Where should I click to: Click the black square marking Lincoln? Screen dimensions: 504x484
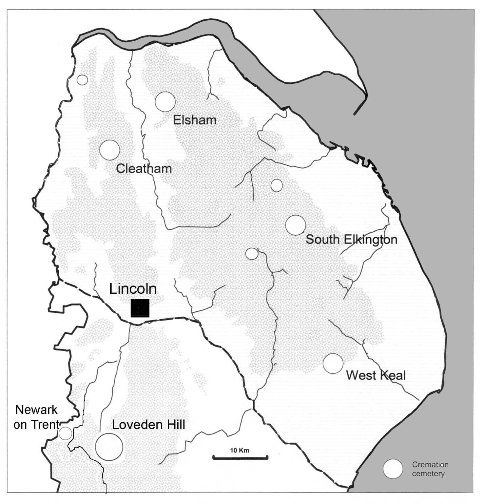point(140,308)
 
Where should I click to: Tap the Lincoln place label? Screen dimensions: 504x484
point(133,289)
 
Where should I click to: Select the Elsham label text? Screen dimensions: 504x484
point(195,120)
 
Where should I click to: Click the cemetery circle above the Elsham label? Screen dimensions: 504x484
point(165,102)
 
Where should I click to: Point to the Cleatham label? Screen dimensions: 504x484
point(144,169)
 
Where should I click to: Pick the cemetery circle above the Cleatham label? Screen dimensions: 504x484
point(110,150)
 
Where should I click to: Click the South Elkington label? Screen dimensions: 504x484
point(351,239)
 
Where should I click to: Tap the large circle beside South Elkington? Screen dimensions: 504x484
point(296,225)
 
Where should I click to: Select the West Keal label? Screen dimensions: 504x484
point(376,375)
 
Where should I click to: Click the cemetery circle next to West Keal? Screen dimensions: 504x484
point(333,364)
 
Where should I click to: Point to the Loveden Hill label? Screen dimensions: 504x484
point(148,425)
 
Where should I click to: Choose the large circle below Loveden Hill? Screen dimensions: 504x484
point(109,447)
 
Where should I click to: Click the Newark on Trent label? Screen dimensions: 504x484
point(36,417)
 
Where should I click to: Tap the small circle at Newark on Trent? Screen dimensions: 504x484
point(65,433)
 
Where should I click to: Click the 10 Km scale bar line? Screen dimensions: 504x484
point(240,457)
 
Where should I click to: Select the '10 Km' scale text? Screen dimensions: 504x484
point(240,450)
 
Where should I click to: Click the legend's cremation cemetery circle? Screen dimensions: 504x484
point(393,469)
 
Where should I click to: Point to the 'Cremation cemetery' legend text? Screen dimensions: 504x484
point(430,469)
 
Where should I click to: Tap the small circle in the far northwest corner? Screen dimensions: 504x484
point(82,80)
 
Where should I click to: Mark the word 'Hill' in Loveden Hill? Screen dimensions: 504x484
point(172,425)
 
